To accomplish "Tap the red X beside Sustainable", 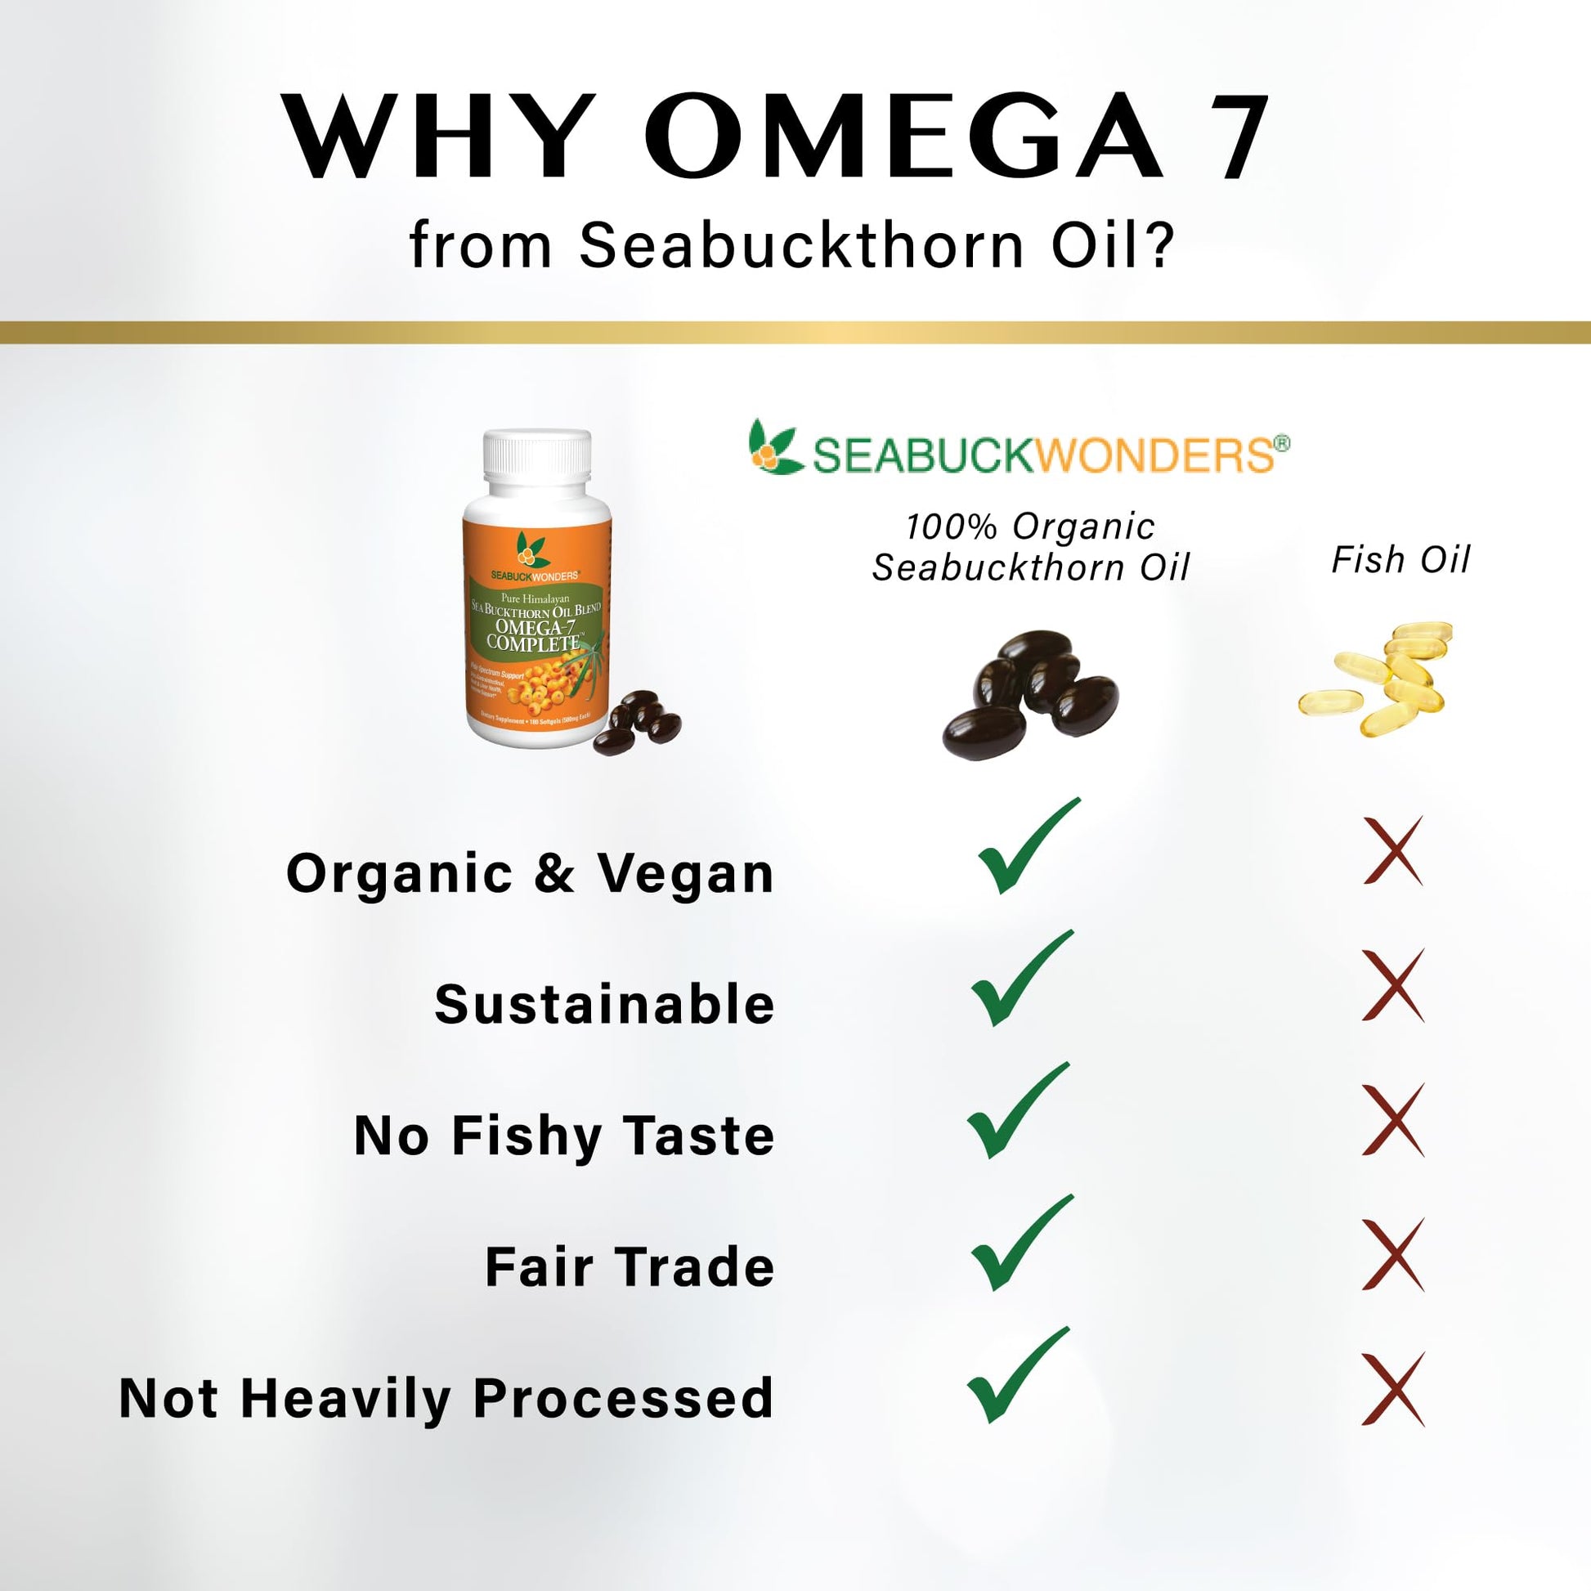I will pos(1393,985).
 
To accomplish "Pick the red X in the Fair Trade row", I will pos(1393,1255).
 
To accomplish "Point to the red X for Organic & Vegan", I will pos(1393,851).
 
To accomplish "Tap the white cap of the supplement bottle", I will pos(537,463).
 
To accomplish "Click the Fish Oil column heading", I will pos(1401,560).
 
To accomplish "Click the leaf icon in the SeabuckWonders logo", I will pos(774,448).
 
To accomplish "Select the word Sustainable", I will pos(604,1005).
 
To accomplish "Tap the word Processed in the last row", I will pos(623,1398).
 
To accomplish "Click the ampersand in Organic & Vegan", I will pos(553,873).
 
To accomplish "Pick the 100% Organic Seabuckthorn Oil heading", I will pos(1031,547).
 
